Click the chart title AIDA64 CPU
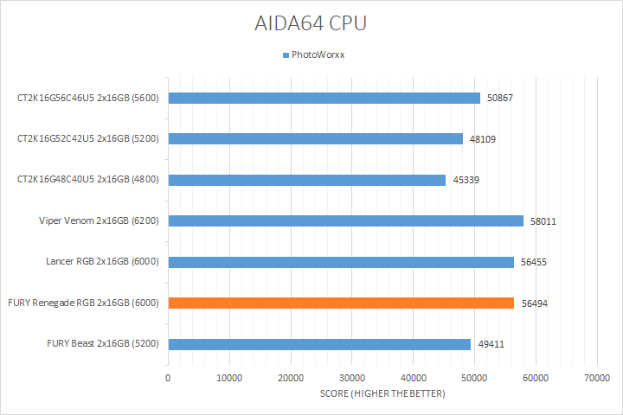[311, 23]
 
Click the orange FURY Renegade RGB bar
[341, 303]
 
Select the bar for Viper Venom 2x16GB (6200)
[345, 220]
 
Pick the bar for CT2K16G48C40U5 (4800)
[306, 180]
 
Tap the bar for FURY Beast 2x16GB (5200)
[319, 344]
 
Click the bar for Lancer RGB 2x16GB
[341, 262]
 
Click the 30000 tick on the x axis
[351, 378]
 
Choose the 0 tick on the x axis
[168, 378]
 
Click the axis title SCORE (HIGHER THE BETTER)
[382, 394]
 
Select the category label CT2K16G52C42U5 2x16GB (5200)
[87, 139]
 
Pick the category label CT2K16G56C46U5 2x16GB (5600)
[87, 99]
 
